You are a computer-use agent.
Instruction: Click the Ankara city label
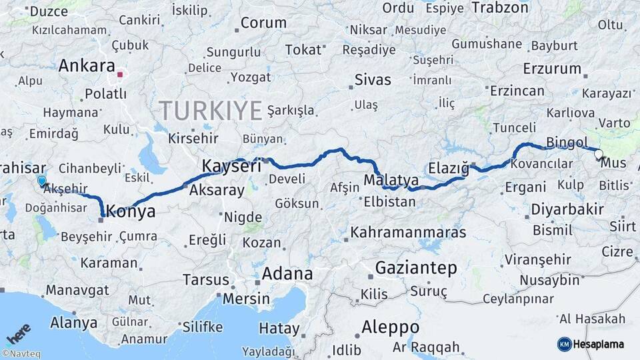click(87, 66)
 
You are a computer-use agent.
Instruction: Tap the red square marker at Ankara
click(120, 75)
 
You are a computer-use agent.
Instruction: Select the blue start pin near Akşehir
click(42, 181)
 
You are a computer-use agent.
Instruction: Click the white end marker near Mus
click(598, 155)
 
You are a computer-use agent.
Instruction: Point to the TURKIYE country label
click(210, 111)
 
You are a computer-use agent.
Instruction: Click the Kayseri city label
click(231, 167)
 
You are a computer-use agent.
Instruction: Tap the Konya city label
click(131, 212)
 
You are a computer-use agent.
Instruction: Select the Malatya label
click(391, 180)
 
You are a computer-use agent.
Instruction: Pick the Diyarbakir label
click(567, 209)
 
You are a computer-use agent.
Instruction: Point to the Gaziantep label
click(417, 268)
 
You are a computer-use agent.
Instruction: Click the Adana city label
click(287, 273)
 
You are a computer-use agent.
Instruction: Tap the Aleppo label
click(391, 327)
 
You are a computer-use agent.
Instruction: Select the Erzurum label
click(553, 69)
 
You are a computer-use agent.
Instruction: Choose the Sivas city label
click(373, 81)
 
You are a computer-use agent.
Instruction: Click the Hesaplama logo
click(591, 344)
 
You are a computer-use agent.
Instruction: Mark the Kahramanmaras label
click(408, 233)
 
